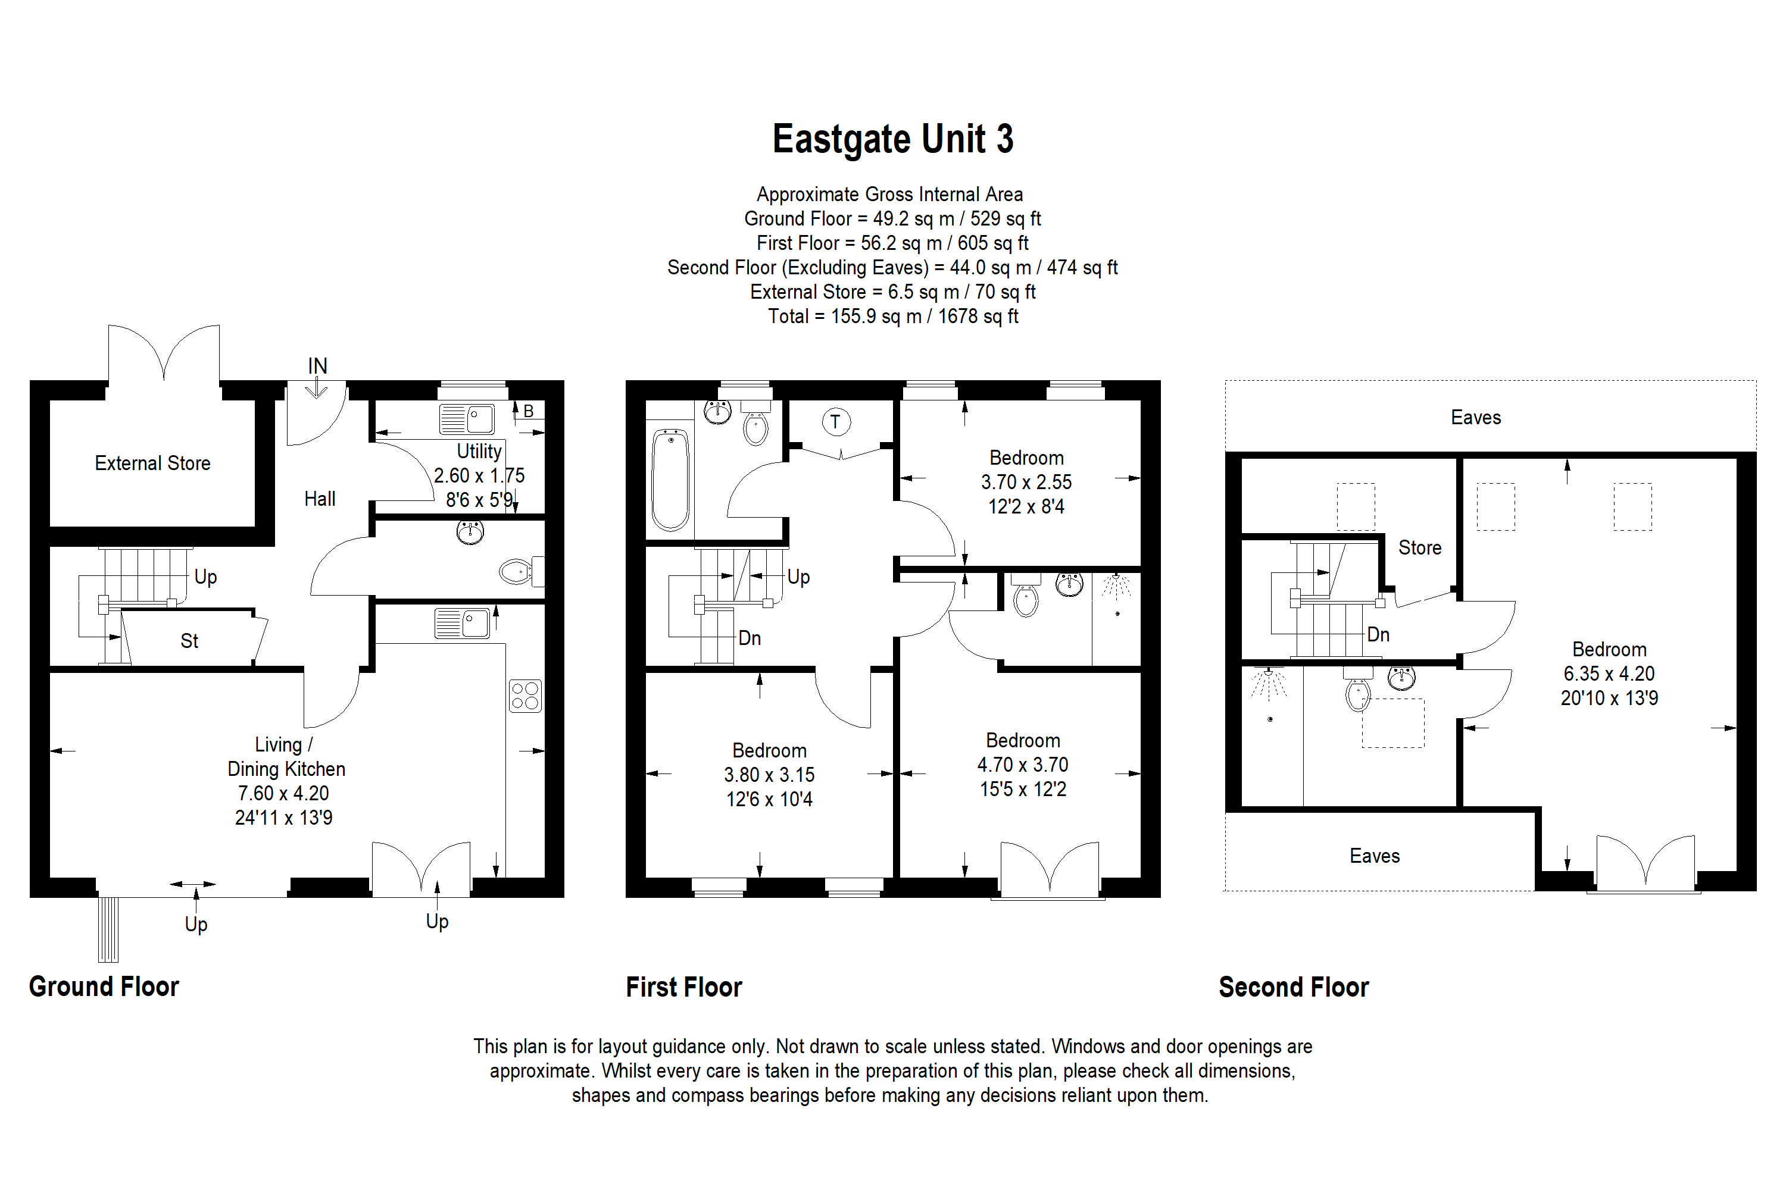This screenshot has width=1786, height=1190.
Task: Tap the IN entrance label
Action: (317, 366)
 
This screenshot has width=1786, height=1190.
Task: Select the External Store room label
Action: (152, 463)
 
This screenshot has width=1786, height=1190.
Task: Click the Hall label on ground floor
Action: (319, 499)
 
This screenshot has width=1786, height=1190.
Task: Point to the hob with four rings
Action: (524, 695)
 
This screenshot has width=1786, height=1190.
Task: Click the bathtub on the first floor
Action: (670, 480)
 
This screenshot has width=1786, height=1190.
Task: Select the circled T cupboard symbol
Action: (835, 422)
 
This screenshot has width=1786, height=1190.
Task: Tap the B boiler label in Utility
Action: (529, 411)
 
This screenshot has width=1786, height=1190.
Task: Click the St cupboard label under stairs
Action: (189, 641)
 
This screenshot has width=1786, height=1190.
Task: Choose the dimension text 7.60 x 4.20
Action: (283, 793)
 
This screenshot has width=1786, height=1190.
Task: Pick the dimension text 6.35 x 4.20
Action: (1609, 673)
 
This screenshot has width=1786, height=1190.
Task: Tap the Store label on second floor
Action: (1419, 548)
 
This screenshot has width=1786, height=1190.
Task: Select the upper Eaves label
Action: (1475, 418)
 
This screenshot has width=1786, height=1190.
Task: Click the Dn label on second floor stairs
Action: (1378, 634)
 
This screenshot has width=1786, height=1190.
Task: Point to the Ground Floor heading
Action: (104, 987)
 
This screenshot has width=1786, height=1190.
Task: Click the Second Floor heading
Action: (1293, 987)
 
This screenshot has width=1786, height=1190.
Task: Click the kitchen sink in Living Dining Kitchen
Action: (463, 623)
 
